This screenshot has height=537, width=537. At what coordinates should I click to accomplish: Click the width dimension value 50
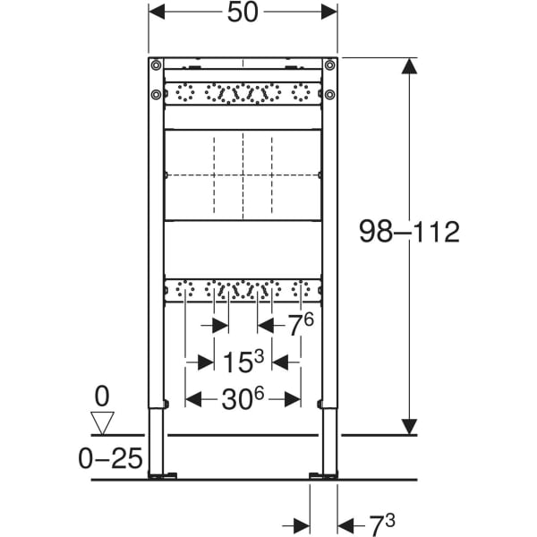[x=243, y=12]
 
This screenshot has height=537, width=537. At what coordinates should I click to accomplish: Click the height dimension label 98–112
[x=408, y=234]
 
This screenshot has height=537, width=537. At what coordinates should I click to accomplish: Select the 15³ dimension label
[x=243, y=362]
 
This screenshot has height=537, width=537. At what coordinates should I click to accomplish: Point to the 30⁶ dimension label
[x=243, y=400]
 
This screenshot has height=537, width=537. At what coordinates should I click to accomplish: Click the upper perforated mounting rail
[x=243, y=93]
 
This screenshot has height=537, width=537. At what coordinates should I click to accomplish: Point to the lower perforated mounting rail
[x=243, y=290]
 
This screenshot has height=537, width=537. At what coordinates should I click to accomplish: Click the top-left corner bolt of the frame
[x=157, y=64]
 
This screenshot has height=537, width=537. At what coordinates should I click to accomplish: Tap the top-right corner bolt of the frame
[x=329, y=64]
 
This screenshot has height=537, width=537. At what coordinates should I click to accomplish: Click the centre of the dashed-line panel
[x=243, y=175]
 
